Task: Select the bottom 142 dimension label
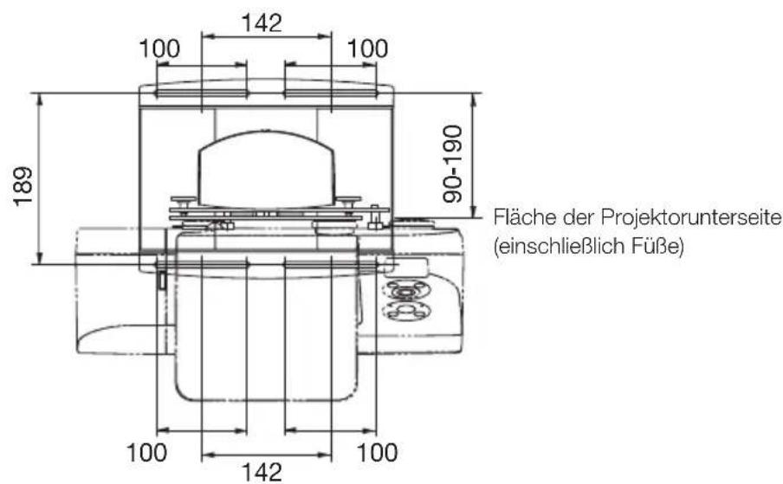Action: pos(265,471)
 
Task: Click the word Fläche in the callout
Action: pos(517,216)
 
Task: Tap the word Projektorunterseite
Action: pos(703,216)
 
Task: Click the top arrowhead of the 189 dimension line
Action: pos(39,98)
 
